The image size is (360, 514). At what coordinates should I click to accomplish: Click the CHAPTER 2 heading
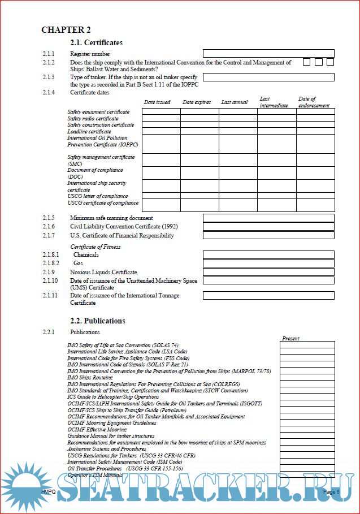(x=66, y=30)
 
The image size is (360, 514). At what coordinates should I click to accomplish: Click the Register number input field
(x=268, y=54)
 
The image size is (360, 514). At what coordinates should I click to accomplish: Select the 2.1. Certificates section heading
(x=96, y=42)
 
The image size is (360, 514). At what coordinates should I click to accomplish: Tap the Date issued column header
(x=157, y=102)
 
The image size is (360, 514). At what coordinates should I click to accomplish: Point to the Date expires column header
(x=197, y=102)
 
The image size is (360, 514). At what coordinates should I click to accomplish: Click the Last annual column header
(x=235, y=102)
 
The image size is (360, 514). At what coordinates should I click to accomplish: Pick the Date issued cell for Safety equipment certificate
(x=161, y=112)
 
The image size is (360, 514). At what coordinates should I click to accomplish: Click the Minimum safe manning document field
(x=268, y=218)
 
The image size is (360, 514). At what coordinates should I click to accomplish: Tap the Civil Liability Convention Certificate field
(x=268, y=227)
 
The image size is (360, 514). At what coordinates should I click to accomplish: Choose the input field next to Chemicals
(x=268, y=254)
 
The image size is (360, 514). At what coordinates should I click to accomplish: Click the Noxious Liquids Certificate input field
(x=268, y=272)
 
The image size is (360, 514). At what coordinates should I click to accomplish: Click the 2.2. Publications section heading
(x=97, y=321)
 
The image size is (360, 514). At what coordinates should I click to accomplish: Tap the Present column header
(x=290, y=338)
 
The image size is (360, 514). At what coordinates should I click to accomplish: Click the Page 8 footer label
(x=331, y=492)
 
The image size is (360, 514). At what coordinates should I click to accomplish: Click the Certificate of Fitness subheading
(x=95, y=247)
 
